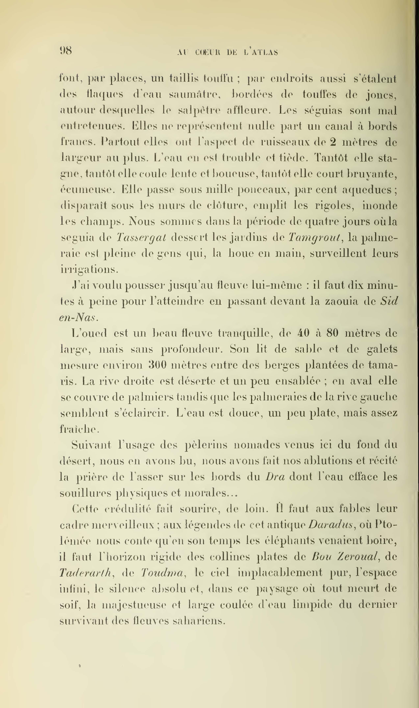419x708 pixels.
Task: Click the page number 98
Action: click(x=66, y=51)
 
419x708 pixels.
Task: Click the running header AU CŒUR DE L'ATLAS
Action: click(x=228, y=52)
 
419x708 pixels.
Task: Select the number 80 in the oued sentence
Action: click(x=332, y=333)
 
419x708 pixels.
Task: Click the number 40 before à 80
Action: click(x=302, y=333)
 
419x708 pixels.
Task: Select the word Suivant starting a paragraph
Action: click(x=91, y=445)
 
